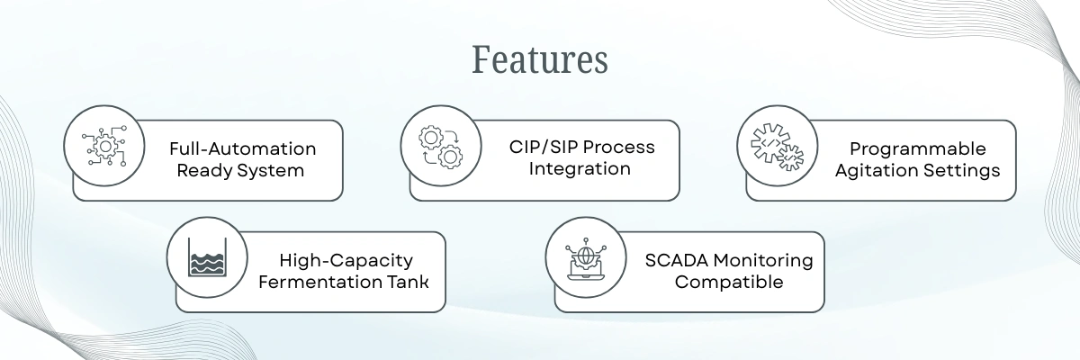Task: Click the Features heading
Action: click(x=540, y=60)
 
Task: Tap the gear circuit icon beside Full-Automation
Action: click(x=104, y=145)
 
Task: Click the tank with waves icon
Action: click(x=208, y=256)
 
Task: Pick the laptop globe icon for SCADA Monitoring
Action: click(x=586, y=256)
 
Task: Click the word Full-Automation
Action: click(x=242, y=148)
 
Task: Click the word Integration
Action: click(x=580, y=168)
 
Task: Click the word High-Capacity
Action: click(x=346, y=260)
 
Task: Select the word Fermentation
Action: click(x=315, y=282)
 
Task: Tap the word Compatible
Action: click(x=729, y=282)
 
